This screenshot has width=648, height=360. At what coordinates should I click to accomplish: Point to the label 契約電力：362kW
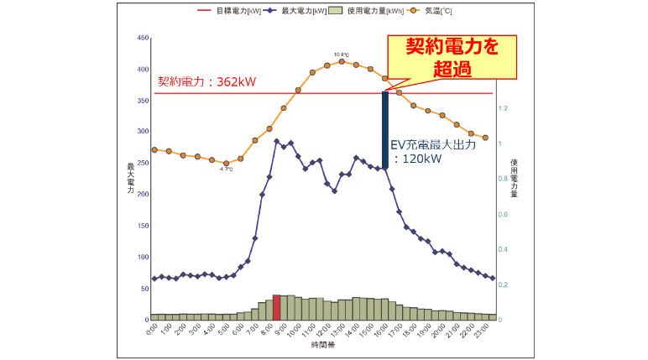click(206, 82)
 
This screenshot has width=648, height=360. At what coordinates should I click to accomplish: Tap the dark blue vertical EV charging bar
click(385, 130)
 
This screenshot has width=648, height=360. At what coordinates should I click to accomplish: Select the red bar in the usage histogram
click(276, 307)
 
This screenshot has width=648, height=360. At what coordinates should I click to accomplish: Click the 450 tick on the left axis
click(142, 38)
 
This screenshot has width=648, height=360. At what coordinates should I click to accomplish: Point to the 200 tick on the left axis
click(142, 195)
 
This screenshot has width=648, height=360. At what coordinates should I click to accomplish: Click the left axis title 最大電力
click(130, 178)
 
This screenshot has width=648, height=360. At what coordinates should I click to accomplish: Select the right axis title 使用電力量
click(514, 178)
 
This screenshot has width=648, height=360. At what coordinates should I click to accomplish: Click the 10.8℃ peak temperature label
click(341, 55)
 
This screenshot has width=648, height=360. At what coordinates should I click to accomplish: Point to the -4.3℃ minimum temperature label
click(225, 170)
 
